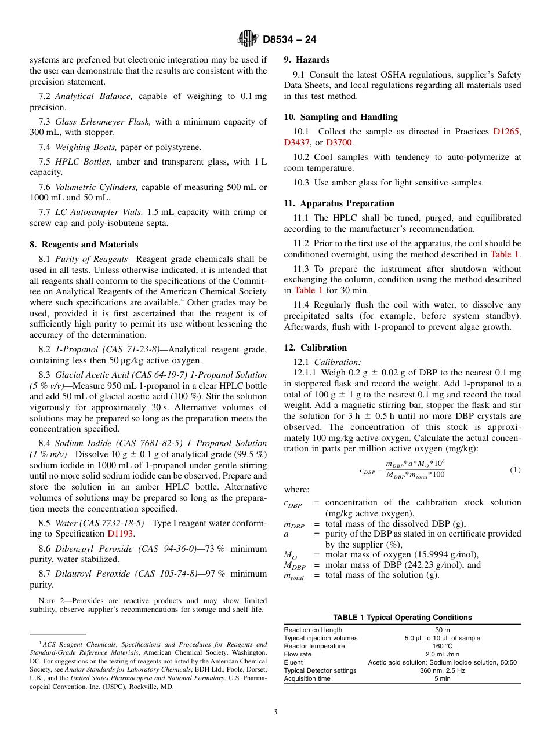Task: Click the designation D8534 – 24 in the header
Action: click(x=289, y=40)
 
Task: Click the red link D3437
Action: click(x=297, y=143)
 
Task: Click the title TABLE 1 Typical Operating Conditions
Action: click(x=402, y=618)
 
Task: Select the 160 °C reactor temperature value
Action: click(x=443, y=646)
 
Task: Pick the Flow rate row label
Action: click(x=298, y=654)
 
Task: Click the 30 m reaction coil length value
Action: click(x=443, y=630)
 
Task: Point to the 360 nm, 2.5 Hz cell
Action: click(x=443, y=670)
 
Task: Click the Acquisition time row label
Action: click(x=307, y=678)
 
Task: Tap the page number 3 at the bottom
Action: click(x=275, y=712)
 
